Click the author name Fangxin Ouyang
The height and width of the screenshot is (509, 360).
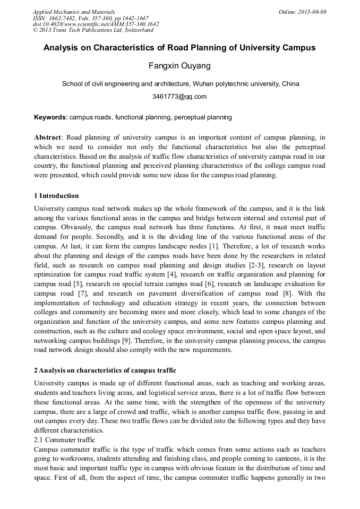coord(179,66)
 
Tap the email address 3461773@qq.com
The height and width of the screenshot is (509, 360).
coord(179,97)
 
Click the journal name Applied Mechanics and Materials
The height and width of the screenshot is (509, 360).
coord(74,12)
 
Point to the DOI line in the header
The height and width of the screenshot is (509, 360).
coord(96,24)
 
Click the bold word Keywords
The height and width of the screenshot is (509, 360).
coord(50,117)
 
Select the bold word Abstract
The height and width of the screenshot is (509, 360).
coord(48,137)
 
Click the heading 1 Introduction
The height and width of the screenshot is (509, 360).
coord(56,196)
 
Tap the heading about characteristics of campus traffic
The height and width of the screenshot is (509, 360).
coord(105,370)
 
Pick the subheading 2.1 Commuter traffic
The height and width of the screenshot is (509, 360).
coord(64,440)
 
